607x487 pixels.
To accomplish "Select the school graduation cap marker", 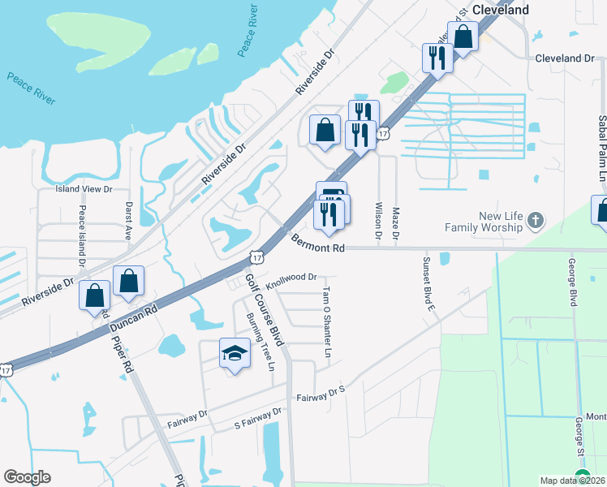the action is coord(235,353).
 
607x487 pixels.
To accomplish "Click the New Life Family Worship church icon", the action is coord(535,220).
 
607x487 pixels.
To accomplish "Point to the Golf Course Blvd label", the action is coord(264,309).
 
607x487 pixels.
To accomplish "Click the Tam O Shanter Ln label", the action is coord(327,322).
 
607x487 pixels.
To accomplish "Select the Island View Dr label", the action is coord(84,188).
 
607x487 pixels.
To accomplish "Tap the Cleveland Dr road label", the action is coord(566,58).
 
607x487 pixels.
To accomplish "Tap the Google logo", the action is coord(27,477).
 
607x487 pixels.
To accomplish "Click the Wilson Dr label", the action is coord(378,220).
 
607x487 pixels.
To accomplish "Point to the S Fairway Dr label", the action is coord(257,417).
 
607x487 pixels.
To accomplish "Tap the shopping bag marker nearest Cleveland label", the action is coord(463,37).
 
